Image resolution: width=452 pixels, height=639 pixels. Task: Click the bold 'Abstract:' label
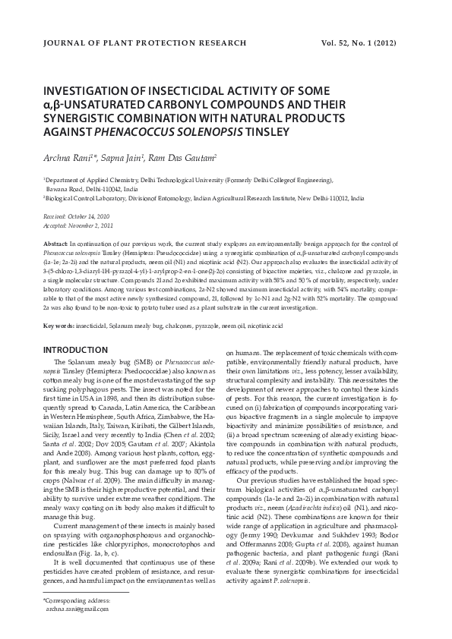coord(57,241)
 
